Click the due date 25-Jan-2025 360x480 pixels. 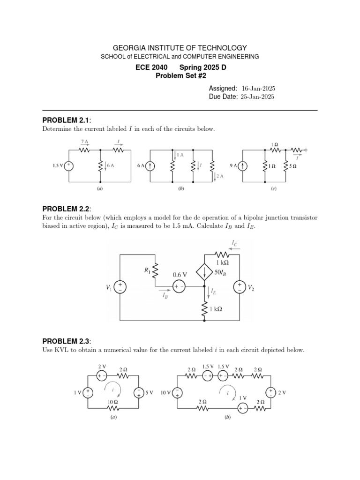pyautogui.click(x=258, y=97)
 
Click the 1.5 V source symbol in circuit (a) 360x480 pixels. pyautogui.click(x=69, y=165)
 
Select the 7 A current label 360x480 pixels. pyautogui.click(x=84, y=142)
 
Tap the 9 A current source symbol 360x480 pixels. pyautogui.click(x=243, y=165)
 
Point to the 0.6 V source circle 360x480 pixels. pyautogui.click(x=179, y=286)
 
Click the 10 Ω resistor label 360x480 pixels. pyautogui.click(x=112, y=402)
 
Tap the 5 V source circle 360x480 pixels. pyautogui.click(x=139, y=393)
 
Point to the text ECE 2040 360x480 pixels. pyautogui.click(x=151, y=67)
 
